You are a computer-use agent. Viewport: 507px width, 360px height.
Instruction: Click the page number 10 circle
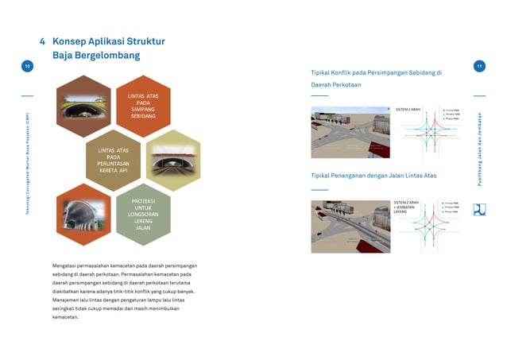27,68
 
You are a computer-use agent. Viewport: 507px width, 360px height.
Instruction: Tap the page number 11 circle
479,68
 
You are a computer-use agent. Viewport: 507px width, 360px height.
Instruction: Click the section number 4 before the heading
42,41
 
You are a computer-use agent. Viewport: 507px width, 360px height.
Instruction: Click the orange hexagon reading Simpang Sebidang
143,106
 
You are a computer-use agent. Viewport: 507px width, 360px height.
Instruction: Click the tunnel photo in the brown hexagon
84,106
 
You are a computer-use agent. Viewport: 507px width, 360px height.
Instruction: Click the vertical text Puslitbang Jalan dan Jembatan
479,147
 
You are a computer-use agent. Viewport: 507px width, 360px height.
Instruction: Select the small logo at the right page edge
479,210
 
